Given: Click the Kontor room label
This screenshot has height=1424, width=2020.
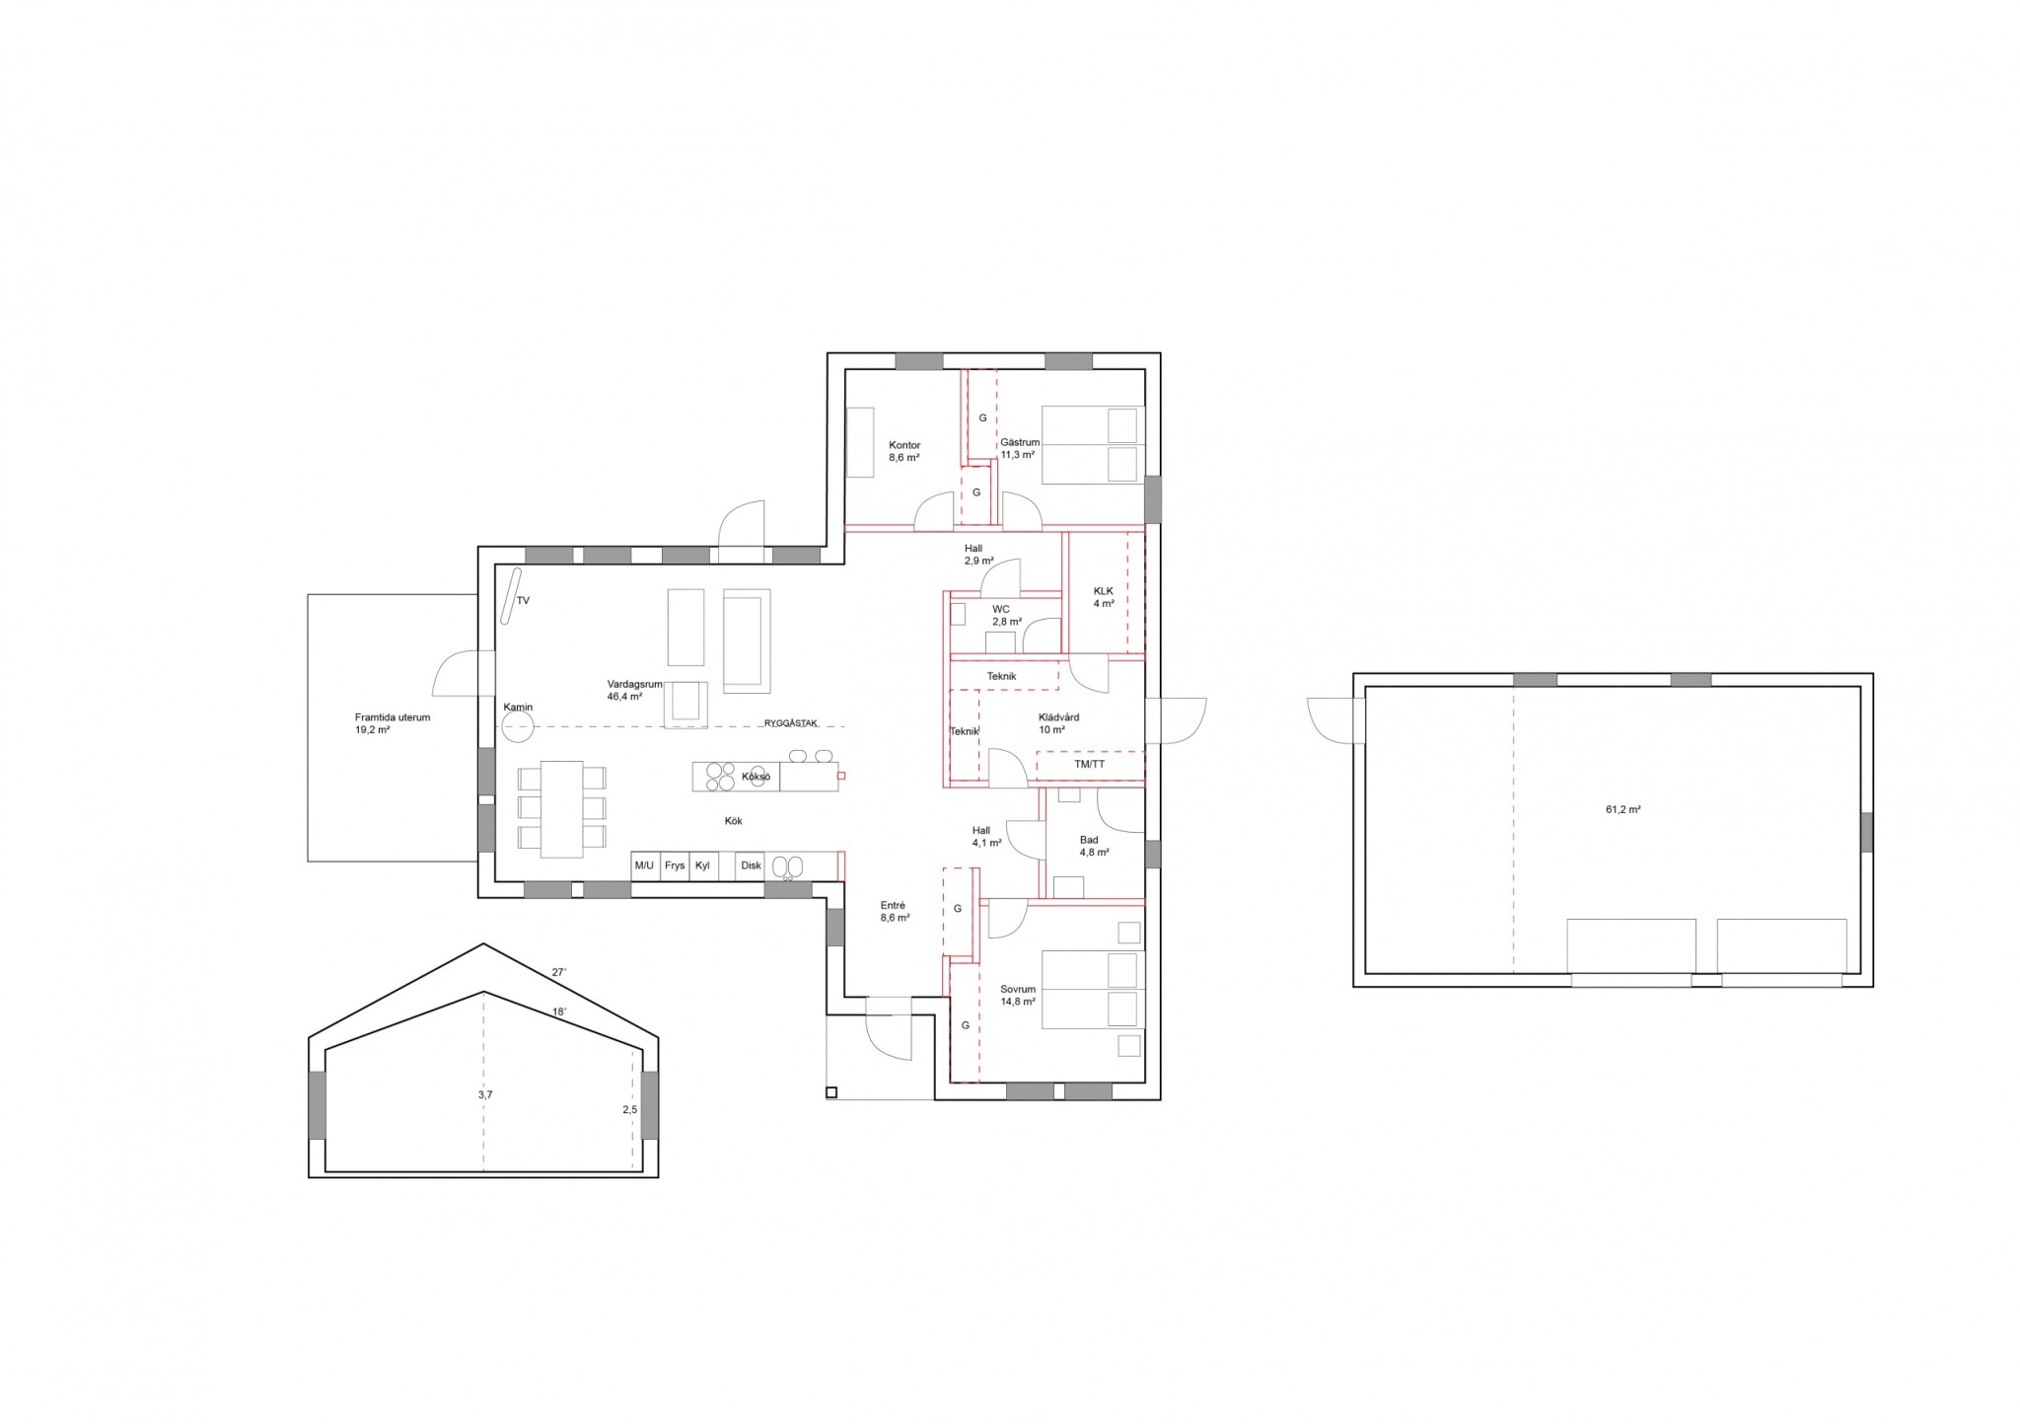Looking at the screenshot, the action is [x=904, y=445].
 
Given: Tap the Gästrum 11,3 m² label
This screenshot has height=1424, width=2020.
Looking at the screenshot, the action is [x=1020, y=449].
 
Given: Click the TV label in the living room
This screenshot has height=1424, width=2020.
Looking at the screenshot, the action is [x=523, y=600].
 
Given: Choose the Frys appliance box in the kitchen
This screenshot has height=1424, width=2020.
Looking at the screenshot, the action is [x=675, y=865].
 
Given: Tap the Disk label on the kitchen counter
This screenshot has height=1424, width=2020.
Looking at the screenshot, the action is [x=752, y=865].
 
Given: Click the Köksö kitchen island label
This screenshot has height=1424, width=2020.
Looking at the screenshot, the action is [x=756, y=778].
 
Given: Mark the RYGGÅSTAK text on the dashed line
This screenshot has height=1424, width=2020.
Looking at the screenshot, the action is [x=791, y=723].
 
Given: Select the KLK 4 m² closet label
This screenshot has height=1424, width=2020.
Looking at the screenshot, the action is [x=1103, y=597].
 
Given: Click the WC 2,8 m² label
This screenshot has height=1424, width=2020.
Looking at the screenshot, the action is [x=1006, y=616].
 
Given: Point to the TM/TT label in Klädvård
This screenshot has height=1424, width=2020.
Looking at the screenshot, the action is [x=1090, y=765].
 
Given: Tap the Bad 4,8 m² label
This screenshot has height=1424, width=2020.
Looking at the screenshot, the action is [x=1094, y=846].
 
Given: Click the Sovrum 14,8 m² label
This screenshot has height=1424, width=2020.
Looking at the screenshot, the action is [x=1017, y=995].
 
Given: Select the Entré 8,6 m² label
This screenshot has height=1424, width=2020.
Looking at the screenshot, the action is [x=895, y=911].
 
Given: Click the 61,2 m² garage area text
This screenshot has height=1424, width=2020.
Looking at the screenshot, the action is [x=1623, y=809].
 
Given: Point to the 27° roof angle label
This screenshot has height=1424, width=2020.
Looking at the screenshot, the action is [x=559, y=972].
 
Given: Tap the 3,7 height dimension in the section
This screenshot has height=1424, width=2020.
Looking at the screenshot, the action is [x=484, y=1094].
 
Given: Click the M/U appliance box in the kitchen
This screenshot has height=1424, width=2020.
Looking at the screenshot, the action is [x=645, y=865].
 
